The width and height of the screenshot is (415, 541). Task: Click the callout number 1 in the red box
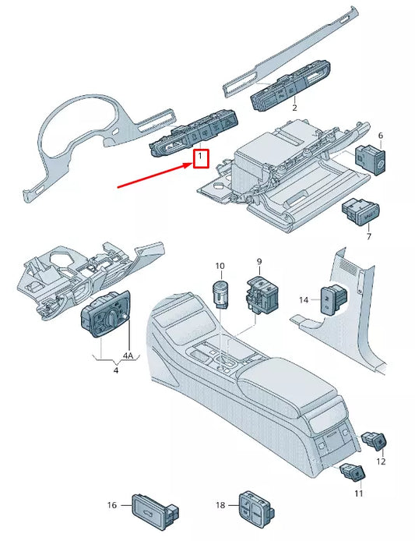[200, 158]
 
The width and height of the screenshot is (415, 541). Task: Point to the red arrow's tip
[190, 167]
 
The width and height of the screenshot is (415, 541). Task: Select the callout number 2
[294, 108]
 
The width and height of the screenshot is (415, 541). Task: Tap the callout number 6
[381, 136]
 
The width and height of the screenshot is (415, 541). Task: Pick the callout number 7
[369, 235]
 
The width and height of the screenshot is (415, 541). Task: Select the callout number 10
[220, 267]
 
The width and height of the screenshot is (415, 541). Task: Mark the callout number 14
[304, 299]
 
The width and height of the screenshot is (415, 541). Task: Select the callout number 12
[381, 462]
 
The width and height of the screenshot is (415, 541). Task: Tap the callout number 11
[359, 494]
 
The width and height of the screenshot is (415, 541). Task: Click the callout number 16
[111, 505]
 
